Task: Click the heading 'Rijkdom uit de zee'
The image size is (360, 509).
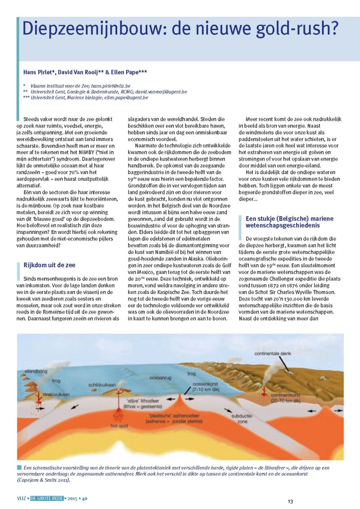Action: [49, 265]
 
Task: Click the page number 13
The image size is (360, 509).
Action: [290, 501]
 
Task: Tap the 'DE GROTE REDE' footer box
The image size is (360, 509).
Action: [47, 499]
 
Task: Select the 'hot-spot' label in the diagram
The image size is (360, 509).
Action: [119, 426]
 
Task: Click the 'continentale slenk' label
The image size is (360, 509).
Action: [273, 353]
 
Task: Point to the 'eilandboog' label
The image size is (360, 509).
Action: [36, 371]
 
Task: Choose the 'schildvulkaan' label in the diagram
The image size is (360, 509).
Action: [102, 385]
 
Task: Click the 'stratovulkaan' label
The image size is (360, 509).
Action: [56, 394]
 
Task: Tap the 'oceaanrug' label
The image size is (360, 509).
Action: [160, 378]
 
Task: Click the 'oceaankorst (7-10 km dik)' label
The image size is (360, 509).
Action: [206, 387]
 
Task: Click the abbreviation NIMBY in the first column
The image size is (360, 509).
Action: [86, 152]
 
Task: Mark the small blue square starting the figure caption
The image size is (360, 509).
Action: [19, 468]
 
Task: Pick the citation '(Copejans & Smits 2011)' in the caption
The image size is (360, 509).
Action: [44, 480]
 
